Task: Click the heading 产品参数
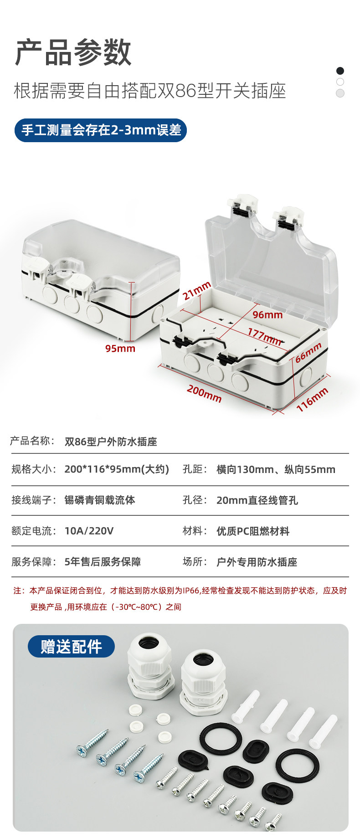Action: [x=73, y=53]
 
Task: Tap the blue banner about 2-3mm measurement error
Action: [x=101, y=130]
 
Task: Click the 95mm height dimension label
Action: [x=120, y=349]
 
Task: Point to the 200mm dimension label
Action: [x=204, y=394]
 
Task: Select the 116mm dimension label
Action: [x=312, y=400]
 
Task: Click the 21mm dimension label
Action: [x=197, y=291]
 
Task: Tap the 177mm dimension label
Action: [x=264, y=337]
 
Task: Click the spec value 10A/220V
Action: [x=89, y=531]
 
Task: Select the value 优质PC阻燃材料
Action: [x=253, y=531]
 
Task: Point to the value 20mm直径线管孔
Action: [x=257, y=500]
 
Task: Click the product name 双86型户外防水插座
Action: [x=111, y=442]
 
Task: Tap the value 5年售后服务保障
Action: [x=103, y=562]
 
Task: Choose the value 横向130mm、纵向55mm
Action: [x=276, y=469]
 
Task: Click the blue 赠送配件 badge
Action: [x=71, y=646]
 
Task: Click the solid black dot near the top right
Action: [x=340, y=71]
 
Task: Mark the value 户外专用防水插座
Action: [x=257, y=562]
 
